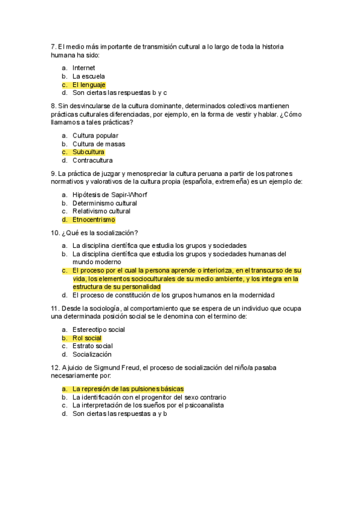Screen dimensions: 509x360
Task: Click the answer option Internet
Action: click(x=83, y=68)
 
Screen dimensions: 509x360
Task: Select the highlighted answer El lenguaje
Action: click(x=89, y=85)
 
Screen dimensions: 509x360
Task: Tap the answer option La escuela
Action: click(x=88, y=76)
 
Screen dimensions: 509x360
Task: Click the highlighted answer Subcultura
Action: click(x=88, y=152)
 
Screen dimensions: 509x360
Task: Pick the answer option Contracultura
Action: click(x=92, y=160)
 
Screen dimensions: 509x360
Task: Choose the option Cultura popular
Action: click(x=95, y=136)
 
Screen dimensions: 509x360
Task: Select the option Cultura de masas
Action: click(x=98, y=144)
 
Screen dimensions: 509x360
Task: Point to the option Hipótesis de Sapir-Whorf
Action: click(x=110, y=194)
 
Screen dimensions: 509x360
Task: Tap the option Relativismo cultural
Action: click(x=101, y=211)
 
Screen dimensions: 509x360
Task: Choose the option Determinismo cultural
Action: click(x=104, y=203)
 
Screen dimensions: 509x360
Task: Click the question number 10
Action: click(x=56, y=233)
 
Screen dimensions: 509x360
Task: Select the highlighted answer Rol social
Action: click(x=87, y=338)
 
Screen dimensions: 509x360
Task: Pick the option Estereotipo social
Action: click(x=98, y=330)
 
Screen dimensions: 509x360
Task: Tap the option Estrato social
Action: click(x=92, y=346)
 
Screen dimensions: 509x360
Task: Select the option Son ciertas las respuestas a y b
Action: click(x=119, y=414)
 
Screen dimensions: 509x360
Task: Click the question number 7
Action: click(x=54, y=46)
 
